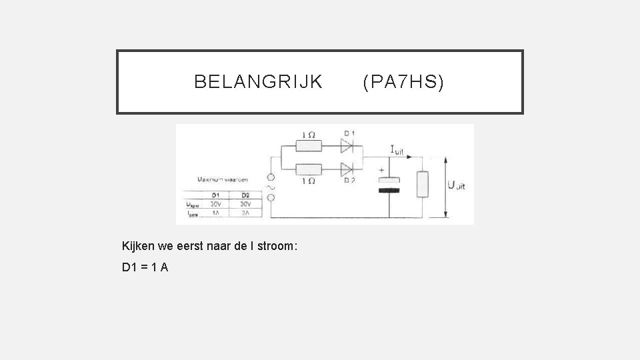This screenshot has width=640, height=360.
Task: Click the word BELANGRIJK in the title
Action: pyautogui.click(x=258, y=82)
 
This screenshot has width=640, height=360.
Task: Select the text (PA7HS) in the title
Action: pyautogui.click(x=403, y=82)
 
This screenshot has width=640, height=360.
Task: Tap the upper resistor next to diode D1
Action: pyautogui.click(x=309, y=145)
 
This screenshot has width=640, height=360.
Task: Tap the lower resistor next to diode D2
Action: pyautogui.click(x=309, y=168)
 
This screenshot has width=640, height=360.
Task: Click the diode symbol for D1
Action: pyautogui.click(x=347, y=145)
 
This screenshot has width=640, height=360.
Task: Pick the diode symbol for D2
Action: pyautogui.click(x=347, y=168)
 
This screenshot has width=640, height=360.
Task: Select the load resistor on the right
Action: pyautogui.click(x=421, y=184)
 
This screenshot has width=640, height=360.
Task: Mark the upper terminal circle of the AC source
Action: pyautogui.click(x=271, y=179)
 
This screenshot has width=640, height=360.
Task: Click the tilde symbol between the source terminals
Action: pyautogui.click(x=271, y=189)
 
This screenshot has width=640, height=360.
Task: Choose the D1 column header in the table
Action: pyautogui.click(x=215, y=195)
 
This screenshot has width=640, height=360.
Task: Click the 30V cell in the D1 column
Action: pyautogui.click(x=215, y=203)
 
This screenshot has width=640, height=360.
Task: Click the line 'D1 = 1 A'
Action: pyautogui.click(x=145, y=267)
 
